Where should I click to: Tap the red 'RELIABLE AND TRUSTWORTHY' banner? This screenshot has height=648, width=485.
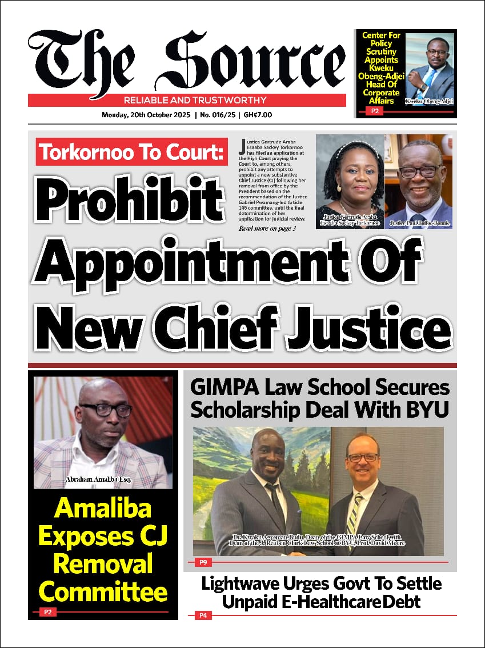point(187,101)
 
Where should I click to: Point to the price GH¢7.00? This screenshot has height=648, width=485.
point(258,115)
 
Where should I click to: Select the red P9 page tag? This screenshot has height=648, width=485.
point(203,562)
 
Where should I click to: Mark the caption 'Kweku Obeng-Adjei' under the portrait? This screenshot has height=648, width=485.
point(429,101)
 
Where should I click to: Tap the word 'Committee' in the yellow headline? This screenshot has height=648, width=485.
point(103,591)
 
